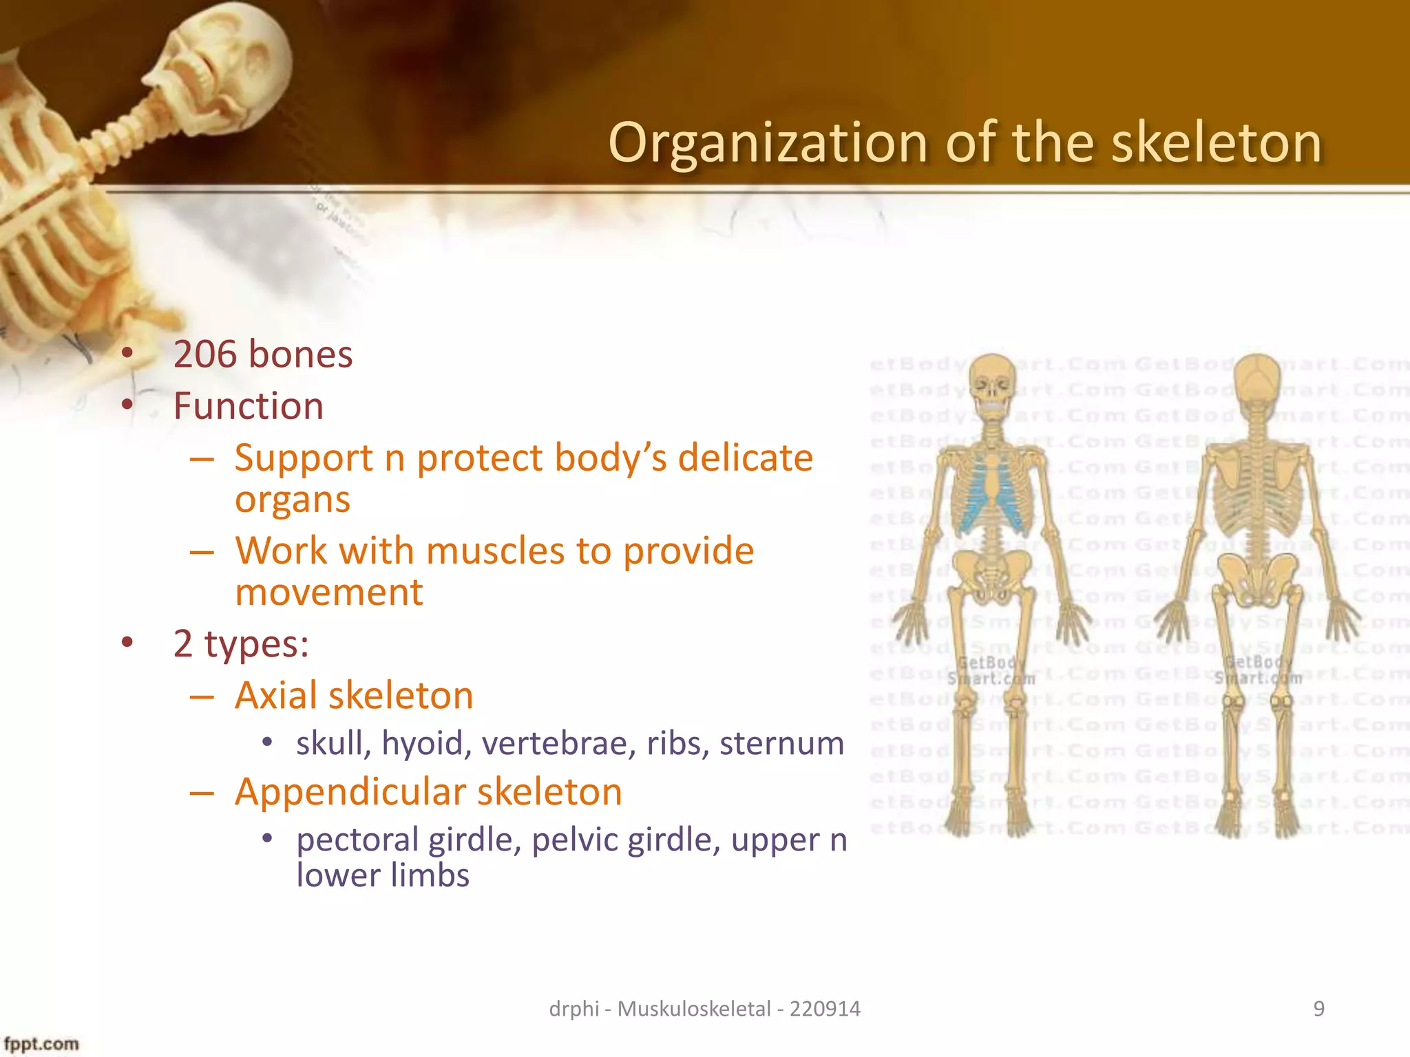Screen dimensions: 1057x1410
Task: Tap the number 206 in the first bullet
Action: coord(204,354)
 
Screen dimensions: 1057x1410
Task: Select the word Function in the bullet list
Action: coord(249,406)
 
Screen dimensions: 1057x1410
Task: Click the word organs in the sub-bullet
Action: coord(293,500)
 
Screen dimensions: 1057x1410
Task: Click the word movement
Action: coord(329,592)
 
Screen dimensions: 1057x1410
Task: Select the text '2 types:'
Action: coord(241,644)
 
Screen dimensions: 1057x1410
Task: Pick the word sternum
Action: coord(781,744)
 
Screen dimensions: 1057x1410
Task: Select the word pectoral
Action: coord(357,840)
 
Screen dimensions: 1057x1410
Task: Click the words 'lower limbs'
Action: coord(383,876)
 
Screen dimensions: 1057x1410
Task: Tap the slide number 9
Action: coord(1318,1009)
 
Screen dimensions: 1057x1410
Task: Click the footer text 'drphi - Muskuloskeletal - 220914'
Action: coord(704,1009)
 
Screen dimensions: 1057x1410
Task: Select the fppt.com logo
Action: coord(41,1044)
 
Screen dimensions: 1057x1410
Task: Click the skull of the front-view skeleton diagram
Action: coord(991,383)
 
